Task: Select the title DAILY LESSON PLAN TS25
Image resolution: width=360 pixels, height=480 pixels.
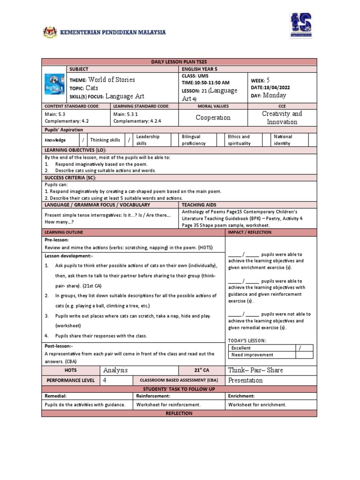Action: point(179,61)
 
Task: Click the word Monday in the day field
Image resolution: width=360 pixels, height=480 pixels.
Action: point(274,95)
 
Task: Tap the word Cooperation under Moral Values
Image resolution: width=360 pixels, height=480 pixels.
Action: point(213,118)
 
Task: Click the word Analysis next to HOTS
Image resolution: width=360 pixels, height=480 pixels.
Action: point(115,370)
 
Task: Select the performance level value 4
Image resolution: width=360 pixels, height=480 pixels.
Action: point(105,380)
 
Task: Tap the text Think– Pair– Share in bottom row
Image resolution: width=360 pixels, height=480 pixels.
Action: point(255,370)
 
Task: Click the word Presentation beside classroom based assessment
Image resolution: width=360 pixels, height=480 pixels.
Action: point(245,380)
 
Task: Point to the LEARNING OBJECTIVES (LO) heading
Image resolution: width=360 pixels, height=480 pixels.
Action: point(75,150)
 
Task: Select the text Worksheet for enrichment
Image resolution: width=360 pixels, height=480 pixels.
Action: point(257,405)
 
